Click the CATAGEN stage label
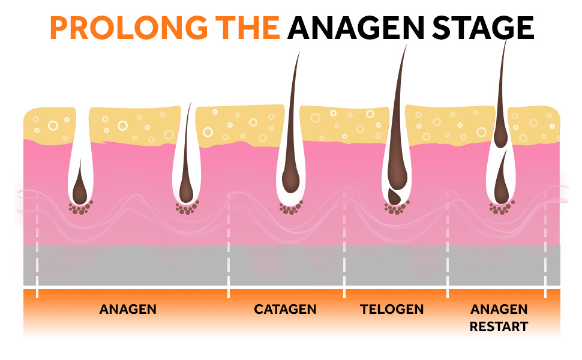[x=285, y=310]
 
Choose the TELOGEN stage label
[x=392, y=310]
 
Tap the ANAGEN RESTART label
[x=499, y=318]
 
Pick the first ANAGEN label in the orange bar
[x=128, y=310]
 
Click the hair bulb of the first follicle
[x=80, y=191]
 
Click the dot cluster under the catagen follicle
[x=290, y=208]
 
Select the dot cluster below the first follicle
[x=80, y=208]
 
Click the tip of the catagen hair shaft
[x=298, y=53]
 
